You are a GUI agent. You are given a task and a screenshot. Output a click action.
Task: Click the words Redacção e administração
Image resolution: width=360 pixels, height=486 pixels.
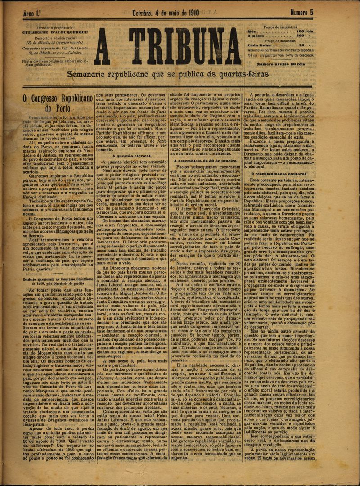[49, 38]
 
